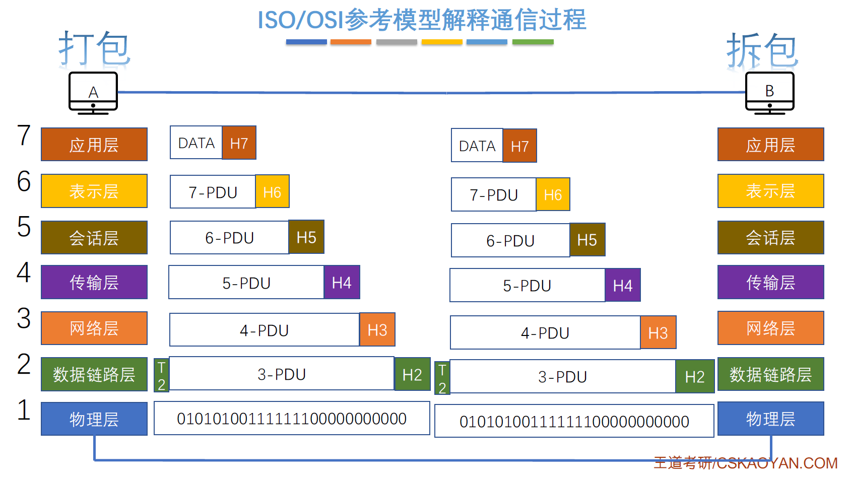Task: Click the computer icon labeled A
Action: point(93,93)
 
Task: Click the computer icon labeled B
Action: point(769,93)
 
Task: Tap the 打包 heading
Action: point(95,49)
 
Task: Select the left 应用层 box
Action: point(94,144)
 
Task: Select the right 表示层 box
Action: point(771,191)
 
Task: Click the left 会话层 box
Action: point(94,237)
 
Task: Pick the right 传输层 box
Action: point(771,282)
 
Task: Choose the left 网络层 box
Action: point(94,328)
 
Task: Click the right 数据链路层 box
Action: point(771,374)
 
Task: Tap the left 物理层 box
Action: point(94,419)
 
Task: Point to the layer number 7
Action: point(24,135)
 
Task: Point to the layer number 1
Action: point(24,410)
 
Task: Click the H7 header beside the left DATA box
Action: point(239,143)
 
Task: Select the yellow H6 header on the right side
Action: point(553,194)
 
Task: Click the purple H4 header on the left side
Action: point(342,282)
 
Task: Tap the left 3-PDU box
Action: point(282,373)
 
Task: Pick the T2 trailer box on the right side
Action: point(442,378)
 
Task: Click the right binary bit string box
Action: point(574,421)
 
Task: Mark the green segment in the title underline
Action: point(533,42)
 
